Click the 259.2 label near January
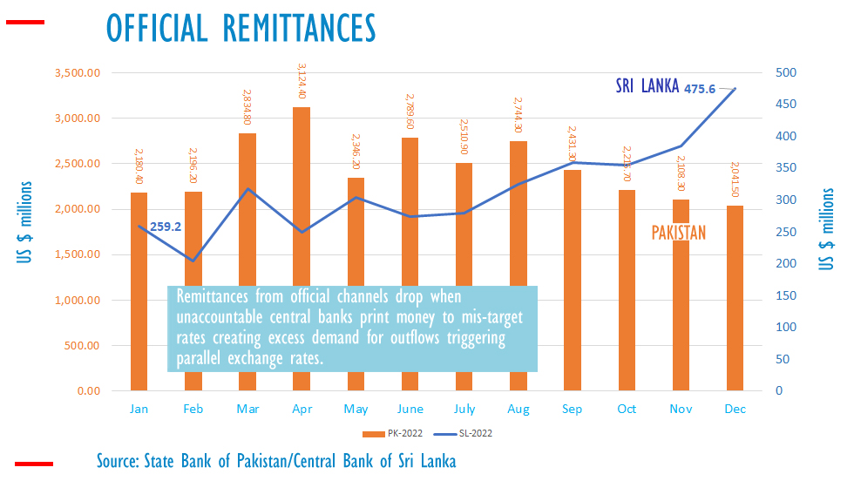pos(166,227)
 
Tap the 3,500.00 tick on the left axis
pos(77,72)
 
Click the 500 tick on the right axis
pos(784,72)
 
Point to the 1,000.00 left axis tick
pos(77,300)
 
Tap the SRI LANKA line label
pos(647,86)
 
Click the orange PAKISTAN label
pos(679,233)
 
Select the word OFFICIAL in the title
pos(156,27)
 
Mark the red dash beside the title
pos(25,22)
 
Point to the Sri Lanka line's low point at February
pos(193,261)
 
